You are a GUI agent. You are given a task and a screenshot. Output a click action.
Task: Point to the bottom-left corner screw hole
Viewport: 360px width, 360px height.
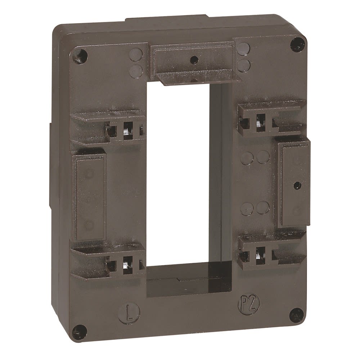click(80, 330)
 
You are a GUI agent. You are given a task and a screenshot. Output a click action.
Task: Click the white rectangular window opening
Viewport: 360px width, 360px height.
click(178, 173)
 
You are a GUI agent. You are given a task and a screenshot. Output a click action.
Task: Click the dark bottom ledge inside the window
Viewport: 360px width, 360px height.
click(187, 279)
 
